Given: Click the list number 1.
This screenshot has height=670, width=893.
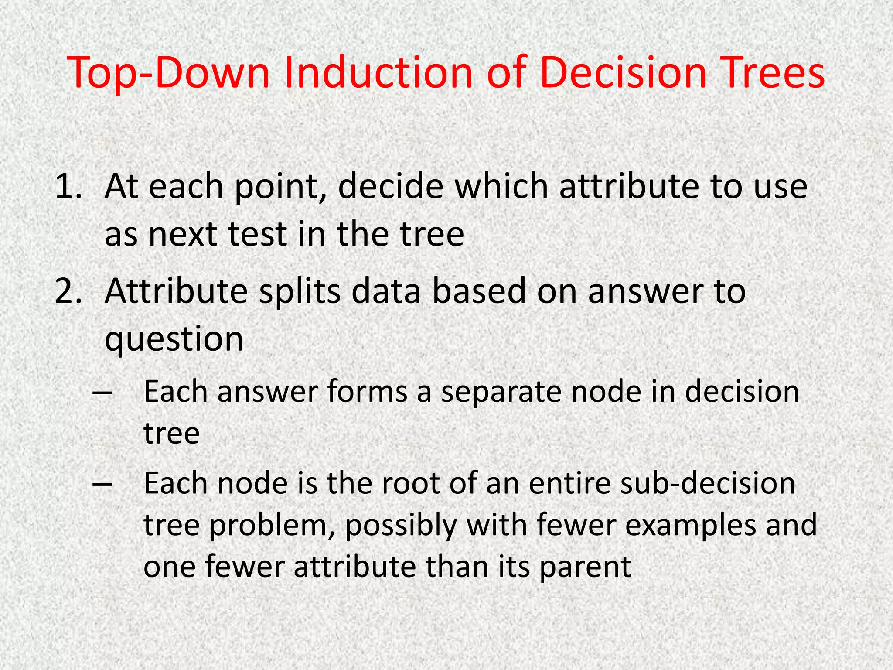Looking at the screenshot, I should point(68,187).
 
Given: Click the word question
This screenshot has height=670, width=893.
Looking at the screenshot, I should point(174,340).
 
